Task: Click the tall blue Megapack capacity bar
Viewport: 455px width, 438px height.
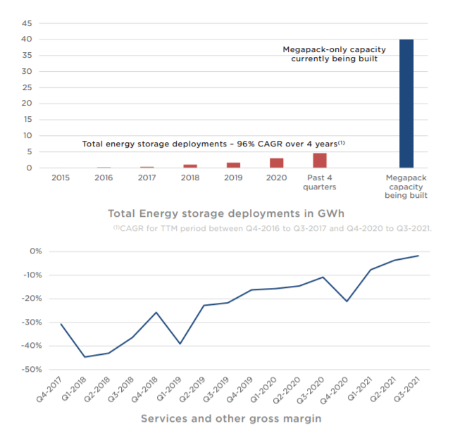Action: point(406,104)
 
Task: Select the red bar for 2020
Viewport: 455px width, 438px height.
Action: point(277,163)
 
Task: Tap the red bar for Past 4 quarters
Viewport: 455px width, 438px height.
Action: point(320,161)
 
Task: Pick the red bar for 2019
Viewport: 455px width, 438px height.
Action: point(233,165)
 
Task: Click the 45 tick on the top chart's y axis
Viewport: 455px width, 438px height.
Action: point(27,23)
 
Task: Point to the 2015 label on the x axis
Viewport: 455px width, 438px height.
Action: point(61,177)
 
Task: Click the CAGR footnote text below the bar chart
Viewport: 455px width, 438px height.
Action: point(272,228)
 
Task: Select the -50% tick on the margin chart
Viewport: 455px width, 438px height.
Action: point(32,369)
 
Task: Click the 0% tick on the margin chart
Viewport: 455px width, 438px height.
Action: point(37,251)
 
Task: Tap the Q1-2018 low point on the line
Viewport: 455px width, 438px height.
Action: point(85,357)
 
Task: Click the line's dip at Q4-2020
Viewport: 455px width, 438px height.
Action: point(347,301)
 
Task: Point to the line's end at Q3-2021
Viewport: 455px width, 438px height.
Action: point(419,256)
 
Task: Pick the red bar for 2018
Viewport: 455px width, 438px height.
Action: point(190,166)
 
